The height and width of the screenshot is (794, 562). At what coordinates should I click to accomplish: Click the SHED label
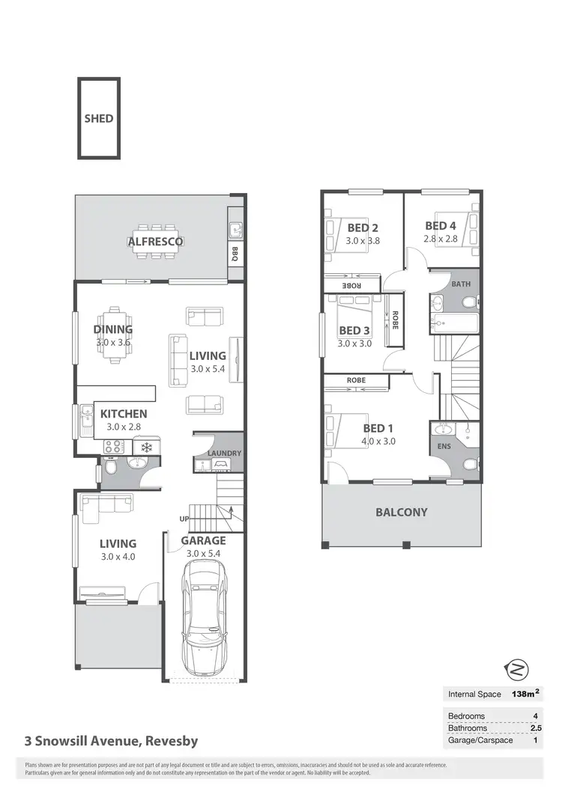tap(99, 118)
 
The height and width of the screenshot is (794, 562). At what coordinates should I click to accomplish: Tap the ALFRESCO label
tap(156, 242)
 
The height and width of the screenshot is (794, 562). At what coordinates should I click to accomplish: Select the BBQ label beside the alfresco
tap(235, 251)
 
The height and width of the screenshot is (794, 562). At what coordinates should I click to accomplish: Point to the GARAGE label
tap(203, 540)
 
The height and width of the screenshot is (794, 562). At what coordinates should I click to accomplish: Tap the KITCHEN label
tap(124, 413)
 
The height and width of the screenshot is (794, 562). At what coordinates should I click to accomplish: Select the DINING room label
tap(113, 329)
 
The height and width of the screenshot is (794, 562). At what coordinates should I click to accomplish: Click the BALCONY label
tap(402, 513)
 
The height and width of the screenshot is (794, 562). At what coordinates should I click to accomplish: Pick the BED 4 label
tap(441, 226)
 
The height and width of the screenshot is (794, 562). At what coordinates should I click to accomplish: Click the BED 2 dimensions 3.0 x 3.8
tap(363, 241)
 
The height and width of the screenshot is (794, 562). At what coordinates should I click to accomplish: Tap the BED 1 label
tap(378, 428)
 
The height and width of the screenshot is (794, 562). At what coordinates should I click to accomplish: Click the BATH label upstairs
tap(461, 284)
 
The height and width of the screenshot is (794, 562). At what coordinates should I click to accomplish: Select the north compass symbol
tap(517, 668)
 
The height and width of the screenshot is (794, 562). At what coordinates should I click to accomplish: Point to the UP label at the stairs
tap(184, 519)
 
